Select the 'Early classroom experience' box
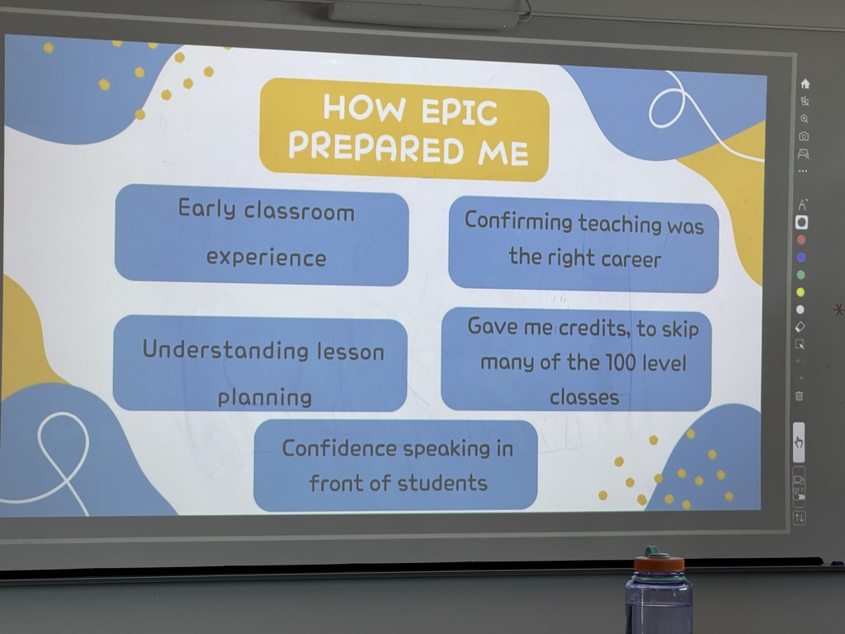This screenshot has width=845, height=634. (x=262, y=234)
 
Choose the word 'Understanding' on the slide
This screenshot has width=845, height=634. (x=215, y=350)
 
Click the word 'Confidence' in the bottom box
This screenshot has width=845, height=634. (x=339, y=448)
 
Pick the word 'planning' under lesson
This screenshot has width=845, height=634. (x=265, y=397)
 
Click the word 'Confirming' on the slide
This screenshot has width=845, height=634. (x=518, y=221)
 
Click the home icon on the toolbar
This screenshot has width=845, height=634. (x=805, y=83)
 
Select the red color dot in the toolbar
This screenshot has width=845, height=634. (x=801, y=240)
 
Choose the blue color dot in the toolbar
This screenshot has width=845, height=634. (x=801, y=258)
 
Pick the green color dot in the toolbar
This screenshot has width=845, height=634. (x=801, y=275)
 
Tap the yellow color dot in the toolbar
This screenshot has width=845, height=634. (x=800, y=292)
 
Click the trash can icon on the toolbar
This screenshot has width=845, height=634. (x=799, y=396)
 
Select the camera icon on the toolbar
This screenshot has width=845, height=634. (x=804, y=136)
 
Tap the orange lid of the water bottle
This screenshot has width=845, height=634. (x=659, y=564)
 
